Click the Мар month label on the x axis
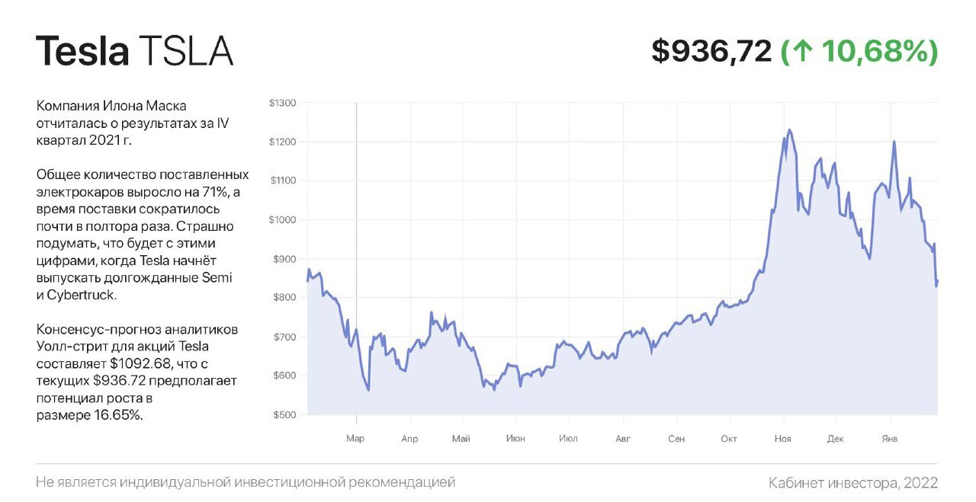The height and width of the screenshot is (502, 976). (x=355, y=439)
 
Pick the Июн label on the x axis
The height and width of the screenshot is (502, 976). (x=515, y=439)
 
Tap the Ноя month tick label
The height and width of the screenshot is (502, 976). (x=782, y=439)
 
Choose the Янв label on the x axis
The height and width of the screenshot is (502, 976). (x=889, y=439)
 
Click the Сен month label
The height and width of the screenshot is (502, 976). (x=676, y=439)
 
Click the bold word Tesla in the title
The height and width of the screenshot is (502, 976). (x=82, y=51)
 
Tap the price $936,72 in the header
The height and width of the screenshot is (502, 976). (x=711, y=51)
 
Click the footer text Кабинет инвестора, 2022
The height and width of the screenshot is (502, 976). (x=853, y=483)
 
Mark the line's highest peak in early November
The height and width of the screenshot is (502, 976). (x=788, y=130)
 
